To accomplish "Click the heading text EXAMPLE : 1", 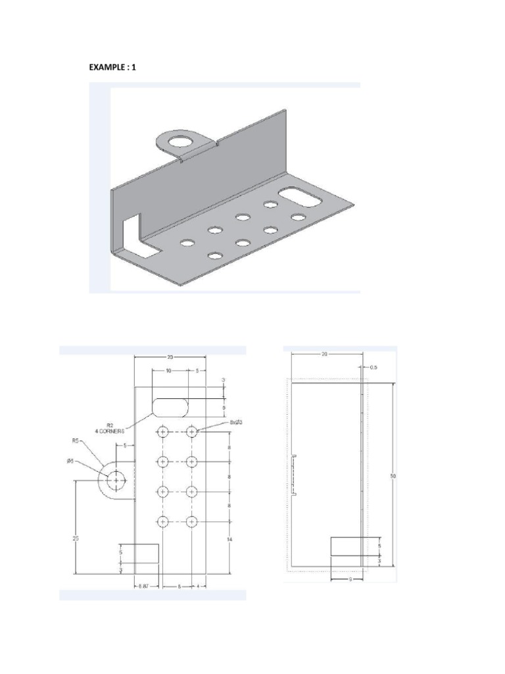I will click(112, 67).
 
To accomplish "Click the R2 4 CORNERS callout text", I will click(117, 427).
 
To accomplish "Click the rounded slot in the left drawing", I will click(170, 407).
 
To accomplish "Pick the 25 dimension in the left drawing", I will click(75, 538).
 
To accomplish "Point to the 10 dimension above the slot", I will click(169, 371).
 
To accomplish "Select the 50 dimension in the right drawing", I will click(393, 475).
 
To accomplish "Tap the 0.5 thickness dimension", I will click(373, 367).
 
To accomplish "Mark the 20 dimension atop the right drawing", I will click(324, 353).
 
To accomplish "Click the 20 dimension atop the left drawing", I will click(170, 357).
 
